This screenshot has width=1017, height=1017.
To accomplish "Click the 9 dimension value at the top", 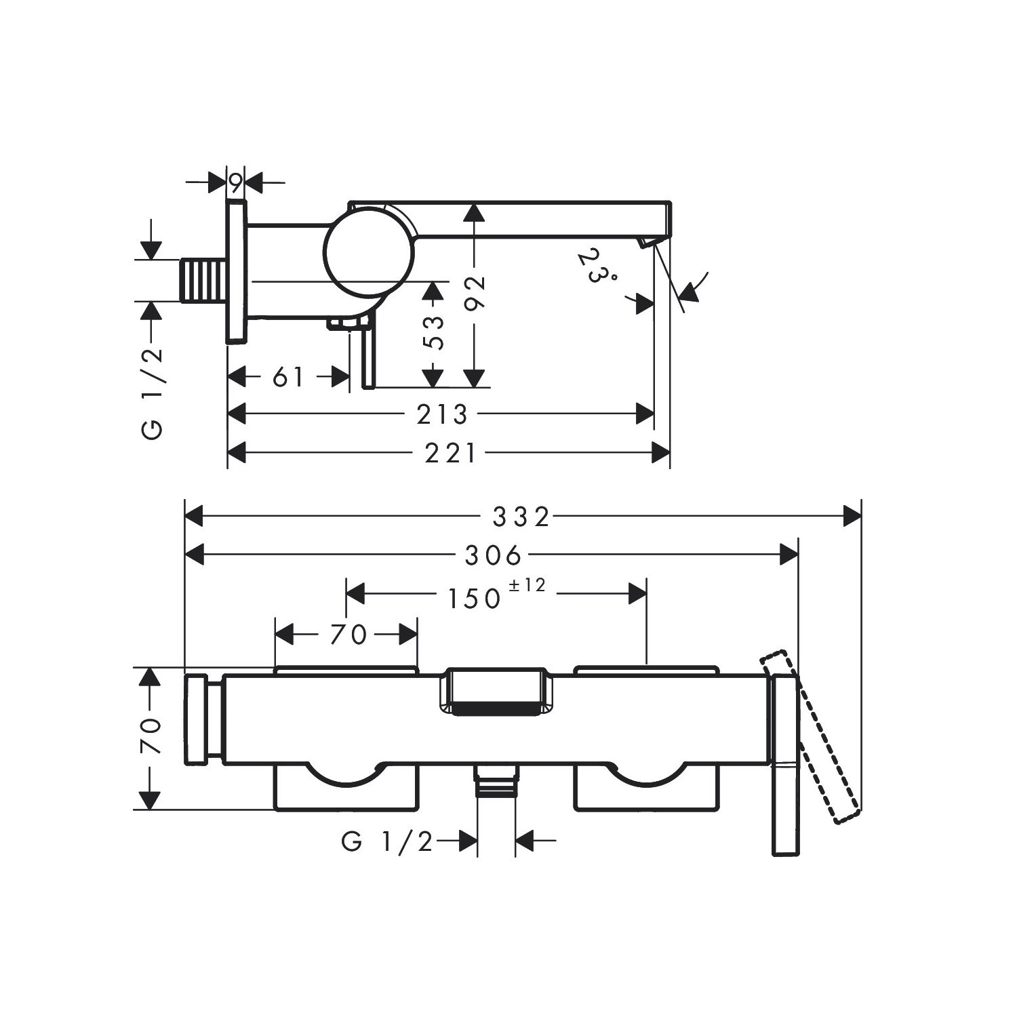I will [x=235, y=182].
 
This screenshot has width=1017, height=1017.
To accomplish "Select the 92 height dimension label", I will [x=477, y=292].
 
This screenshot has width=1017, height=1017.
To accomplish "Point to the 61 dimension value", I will [x=289, y=378].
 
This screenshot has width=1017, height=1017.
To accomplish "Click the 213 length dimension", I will [x=442, y=414].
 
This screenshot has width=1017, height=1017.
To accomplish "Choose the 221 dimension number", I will [x=451, y=453].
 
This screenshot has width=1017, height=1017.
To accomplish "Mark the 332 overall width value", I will [x=521, y=517].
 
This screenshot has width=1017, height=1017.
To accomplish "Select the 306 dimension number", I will [x=493, y=556].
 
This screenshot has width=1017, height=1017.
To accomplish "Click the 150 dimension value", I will [x=474, y=598].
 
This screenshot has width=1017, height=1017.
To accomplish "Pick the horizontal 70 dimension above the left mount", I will [x=348, y=635].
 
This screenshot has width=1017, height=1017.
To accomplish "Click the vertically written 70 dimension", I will [x=151, y=736].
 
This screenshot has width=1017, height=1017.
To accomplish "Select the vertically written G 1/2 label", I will [x=153, y=393].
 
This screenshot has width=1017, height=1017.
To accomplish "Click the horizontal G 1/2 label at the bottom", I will [x=387, y=842].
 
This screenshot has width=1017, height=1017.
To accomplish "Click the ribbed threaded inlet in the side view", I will [x=204, y=280].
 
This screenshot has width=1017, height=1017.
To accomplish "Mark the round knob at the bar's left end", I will [x=197, y=720].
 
